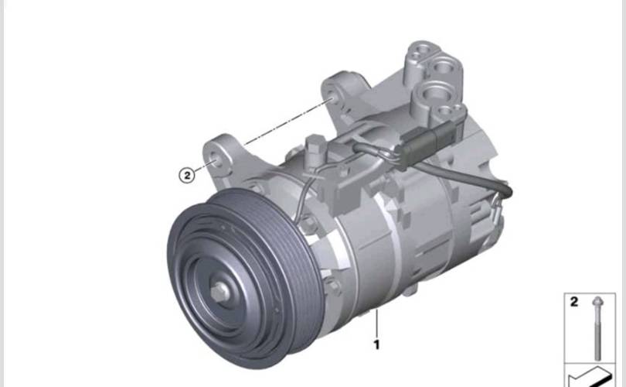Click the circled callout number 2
186,175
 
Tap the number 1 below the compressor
376,344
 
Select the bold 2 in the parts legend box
574,301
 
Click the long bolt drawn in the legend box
597,329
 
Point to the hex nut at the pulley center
219,293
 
